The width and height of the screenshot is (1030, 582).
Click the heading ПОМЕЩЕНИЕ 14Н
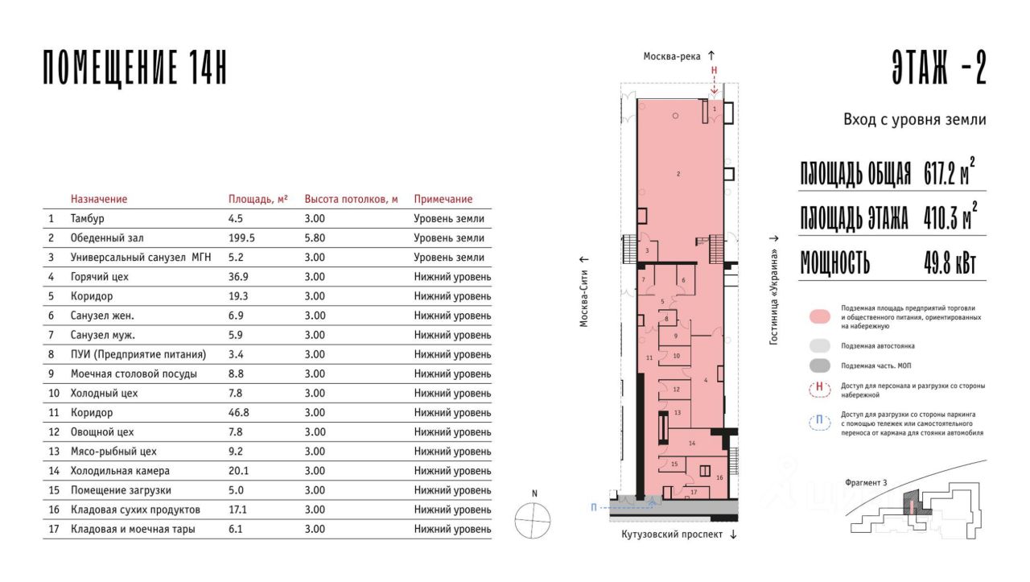[x=135, y=67]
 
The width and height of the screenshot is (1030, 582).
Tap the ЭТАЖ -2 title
[x=939, y=67]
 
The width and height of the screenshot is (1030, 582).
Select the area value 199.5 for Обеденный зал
[x=241, y=237]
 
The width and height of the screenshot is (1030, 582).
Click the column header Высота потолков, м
[x=351, y=199]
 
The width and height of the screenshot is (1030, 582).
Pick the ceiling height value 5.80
[x=315, y=237]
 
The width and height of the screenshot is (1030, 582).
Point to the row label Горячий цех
[x=99, y=277]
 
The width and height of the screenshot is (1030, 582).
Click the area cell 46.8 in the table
[x=239, y=413]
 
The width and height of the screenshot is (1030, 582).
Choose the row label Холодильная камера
[x=120, y=471]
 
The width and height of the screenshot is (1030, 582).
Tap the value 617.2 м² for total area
[x=949, y=171]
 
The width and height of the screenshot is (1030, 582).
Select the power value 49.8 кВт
[x=950, y=263]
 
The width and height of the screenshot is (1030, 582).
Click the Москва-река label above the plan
[x=672, y=56]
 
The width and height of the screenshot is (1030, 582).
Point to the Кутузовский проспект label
[x=672, y=535]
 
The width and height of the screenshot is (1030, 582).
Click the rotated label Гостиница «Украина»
[x=774, y=297]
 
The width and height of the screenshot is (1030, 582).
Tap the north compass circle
[x=533, y=520]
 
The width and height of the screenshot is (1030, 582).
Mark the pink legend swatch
[x=820, y=316]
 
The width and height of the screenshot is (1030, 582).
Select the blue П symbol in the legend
[x=819, y=420]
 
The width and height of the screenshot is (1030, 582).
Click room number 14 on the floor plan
[x=692, y=443]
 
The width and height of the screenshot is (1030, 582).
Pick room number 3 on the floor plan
[x=647, y=250]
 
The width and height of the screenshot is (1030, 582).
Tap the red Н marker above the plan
[x=714, y=70]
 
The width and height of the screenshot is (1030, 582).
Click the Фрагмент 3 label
[x=866, y=483]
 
